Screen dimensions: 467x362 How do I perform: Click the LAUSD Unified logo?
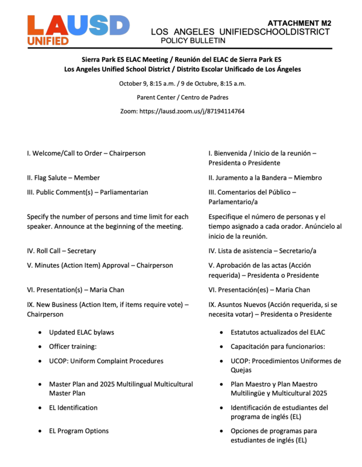click(x=78, y=30)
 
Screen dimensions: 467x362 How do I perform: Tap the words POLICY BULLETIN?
click(x=193, y=41)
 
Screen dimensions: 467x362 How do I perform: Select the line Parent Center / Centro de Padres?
click(x=182, y=97)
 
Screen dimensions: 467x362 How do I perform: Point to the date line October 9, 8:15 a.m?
click(x=182, y=83)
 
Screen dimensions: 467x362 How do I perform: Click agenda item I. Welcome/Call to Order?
click(x=86, y=154)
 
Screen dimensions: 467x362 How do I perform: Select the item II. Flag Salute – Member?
click(x=63, y=178)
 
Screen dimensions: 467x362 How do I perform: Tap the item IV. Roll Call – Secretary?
click(x=61, y=251)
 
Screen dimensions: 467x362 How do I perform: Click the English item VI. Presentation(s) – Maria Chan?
click(x=75, y=290)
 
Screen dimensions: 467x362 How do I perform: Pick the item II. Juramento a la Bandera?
click(x=265, y=178)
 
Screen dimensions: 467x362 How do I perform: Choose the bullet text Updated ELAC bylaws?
click(x=81, y=333)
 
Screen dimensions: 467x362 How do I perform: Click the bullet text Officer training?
click(x=72, y=347)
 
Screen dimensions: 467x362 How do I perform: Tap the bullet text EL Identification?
click(x=73, y=408)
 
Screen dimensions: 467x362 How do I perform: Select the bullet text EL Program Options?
click(x=79, y=431)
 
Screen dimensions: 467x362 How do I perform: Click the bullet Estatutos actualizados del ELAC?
click(x=277, y=333)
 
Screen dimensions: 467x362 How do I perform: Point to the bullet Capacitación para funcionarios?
click(x=278, y=347)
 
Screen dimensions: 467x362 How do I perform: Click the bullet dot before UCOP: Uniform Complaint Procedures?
click(x=39, y=361)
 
